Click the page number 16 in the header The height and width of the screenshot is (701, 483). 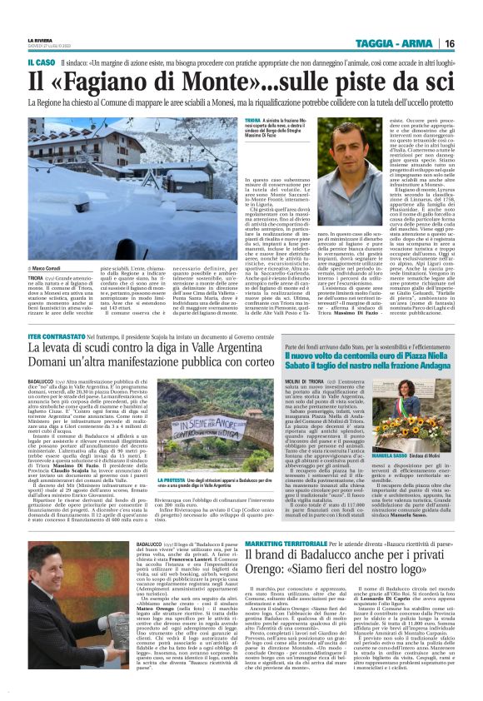point(471,43)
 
